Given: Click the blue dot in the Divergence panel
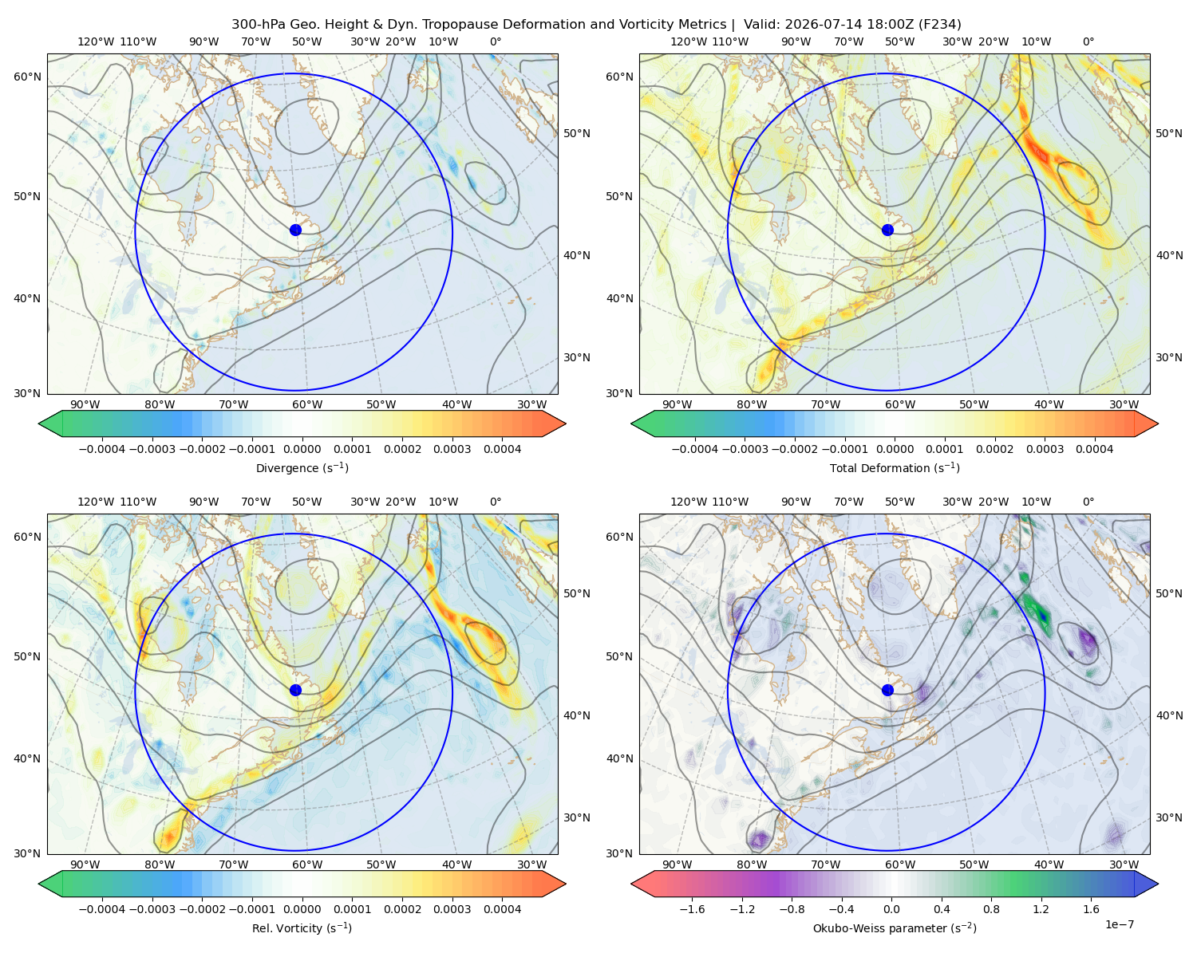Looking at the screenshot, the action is tap(295, 230).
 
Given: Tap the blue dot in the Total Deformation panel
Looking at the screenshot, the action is tap(887, 230).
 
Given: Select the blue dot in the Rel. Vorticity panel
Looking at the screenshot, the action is tap(295, 690).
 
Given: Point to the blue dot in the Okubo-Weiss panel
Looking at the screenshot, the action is tap(887, 690).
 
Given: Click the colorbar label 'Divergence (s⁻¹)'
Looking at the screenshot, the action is tap(302, 467).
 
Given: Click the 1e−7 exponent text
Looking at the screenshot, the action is tap(1119, 924).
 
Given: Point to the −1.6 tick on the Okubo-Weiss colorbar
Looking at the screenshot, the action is tap(689, 909).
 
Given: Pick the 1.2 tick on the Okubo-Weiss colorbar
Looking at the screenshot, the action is tap(1041, 909).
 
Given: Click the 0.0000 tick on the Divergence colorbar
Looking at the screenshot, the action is tap(302, 449).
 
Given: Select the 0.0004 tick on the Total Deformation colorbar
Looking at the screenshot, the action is tap(1095, 449).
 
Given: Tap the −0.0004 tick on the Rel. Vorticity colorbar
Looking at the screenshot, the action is tap(102, 909).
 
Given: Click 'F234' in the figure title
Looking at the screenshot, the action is tap(940, 25).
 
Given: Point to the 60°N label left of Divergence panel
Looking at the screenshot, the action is tap(27, 77).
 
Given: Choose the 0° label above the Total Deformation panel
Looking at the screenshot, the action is tap(1088, 41).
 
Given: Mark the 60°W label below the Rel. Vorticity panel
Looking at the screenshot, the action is tap(307, 864).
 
